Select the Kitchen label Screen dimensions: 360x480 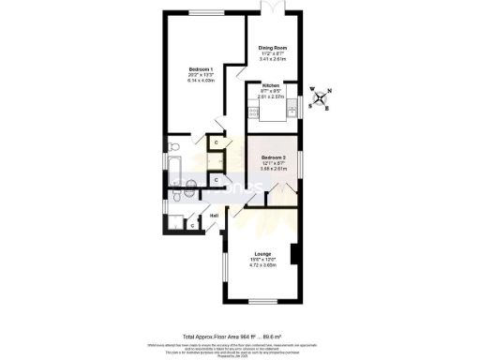pyautogui.click(x=270, y=85)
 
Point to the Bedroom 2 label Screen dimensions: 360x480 pyautogui.click(x=273, y=157)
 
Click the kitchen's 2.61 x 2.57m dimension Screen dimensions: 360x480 pyautogui.click(x=270, y=97)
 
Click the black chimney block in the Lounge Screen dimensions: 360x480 pyautogui.click(x=294, y=254)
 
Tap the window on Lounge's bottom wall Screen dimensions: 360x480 pyautogui.click(x=262, y=301)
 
